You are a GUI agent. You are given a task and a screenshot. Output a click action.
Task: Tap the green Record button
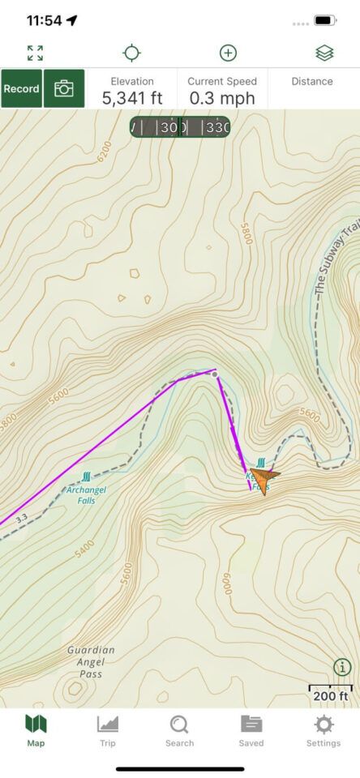click(22, 88)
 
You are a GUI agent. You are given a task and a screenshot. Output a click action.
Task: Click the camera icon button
click(64, 88)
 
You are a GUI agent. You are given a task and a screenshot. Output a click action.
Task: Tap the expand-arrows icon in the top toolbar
click(35, 53)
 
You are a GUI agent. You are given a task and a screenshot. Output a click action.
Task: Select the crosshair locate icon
click(131, 53)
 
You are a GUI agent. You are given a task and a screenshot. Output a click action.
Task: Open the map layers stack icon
click(324, 53)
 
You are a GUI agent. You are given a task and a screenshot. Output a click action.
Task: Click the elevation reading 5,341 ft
click(132, 98)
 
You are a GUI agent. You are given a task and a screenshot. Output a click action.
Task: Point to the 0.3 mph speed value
click(222, 98)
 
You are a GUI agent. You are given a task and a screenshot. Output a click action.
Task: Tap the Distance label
click(312, 81)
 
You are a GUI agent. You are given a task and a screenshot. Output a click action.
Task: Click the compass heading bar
click(180, 127)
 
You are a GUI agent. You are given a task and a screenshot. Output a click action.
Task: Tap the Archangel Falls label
click(86, 495)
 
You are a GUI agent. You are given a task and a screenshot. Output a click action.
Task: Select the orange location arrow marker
click(264, 478)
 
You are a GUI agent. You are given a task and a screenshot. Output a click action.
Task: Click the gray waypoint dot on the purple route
click(215, 374)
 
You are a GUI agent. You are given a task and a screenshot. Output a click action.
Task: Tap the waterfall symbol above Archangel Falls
click(87, 478)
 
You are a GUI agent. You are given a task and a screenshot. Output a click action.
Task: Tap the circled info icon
click(342, 667)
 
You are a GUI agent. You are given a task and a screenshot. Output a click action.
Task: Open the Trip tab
click(108, 729)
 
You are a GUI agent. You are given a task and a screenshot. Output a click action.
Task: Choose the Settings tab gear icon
click(324, 729)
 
